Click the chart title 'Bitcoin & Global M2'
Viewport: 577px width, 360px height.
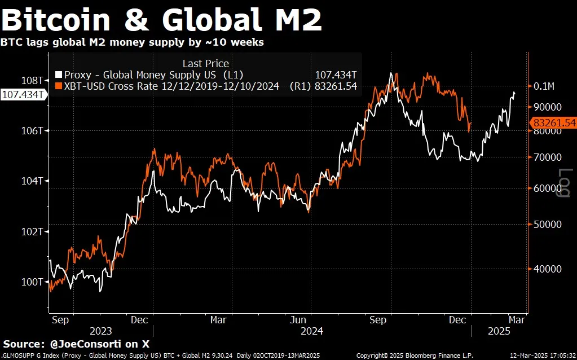coord(162,20)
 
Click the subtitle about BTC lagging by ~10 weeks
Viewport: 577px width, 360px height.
coord(132,42)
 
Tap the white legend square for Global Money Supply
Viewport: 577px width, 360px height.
coord(59,74)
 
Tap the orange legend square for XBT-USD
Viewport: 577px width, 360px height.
coord(59,86)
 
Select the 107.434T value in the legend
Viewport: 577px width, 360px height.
coord(336,74)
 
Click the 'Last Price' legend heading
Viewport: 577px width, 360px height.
coord(205,64)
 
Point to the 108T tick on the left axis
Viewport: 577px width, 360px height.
coord(33,80)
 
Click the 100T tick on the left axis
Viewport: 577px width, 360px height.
coord(33,282)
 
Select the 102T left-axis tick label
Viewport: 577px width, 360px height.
coord(33,231)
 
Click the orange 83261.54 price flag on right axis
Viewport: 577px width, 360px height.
coord(553,122)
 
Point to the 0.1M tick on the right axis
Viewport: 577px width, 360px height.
coord(544,86)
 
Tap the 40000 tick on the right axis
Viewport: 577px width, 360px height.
coord(547,269)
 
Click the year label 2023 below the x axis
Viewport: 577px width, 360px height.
coord(100,331)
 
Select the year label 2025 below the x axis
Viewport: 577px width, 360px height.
coord(498,331)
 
